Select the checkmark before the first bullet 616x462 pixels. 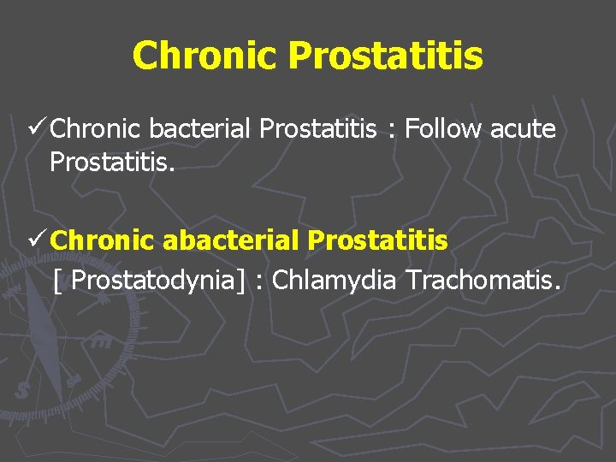pyautogui.click(x=37, y=129)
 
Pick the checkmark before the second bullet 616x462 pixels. pyautogui.click(x=37, y=241)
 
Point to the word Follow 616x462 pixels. pyautogui.click(x=443, y=130)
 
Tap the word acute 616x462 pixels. pyautogui.click(x=523, y=130)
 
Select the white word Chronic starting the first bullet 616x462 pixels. pyautogui.click(x=96, y=130)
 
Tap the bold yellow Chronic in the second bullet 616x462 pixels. pyautogui.click(x=103, y=241)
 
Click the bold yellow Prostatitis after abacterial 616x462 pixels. pyautogui.click(x=377, y=241)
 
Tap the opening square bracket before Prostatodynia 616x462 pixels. pyautogui.click(x=56, y=281)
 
